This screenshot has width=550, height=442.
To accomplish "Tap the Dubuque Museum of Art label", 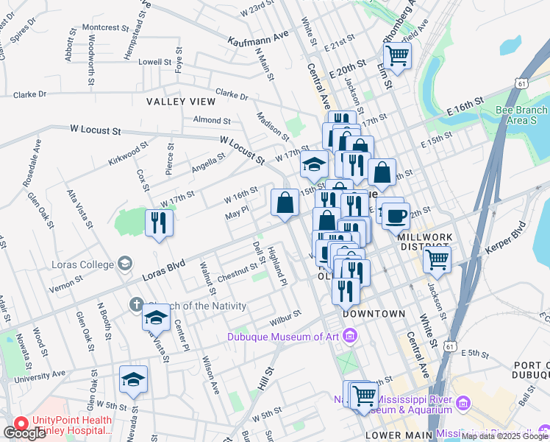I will pyautogui.click(x=285, y=337).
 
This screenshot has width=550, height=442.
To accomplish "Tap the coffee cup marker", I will pyautogui.click(x=397, y=217).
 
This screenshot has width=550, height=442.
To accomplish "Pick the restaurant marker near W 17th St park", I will pyautogui.click(x=159, y=222).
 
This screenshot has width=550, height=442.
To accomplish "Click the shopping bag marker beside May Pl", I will pyautogui.click(x=285, y=203).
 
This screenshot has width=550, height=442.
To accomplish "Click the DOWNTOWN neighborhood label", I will pyautogui.click(x=374, y=314).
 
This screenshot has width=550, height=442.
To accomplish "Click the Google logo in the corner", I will pyautogui.click(x=24, y=433).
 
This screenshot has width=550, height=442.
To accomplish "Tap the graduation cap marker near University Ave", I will pyautogui.click(x=133, y=380).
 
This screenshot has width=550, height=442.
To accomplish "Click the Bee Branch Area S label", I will pyautogui.click(x=521, y=115).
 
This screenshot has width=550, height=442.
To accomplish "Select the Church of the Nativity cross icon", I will pyautogui.click(x=136, y=304).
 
